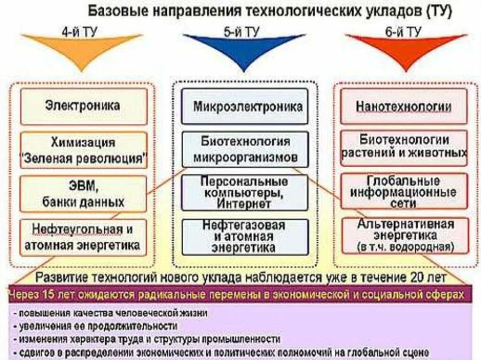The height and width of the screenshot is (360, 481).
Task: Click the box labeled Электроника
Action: coord(84,106)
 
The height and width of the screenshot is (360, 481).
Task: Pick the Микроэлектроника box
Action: coord(245,106)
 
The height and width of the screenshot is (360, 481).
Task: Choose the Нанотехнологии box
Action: coord(404,106)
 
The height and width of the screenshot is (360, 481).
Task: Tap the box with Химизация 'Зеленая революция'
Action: coord(84,150)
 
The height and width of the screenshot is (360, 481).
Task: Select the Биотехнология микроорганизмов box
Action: coord(245,149)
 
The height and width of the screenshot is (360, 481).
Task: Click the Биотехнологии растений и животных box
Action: coord(404,147)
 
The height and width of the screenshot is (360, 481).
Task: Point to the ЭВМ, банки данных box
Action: coord(84,193)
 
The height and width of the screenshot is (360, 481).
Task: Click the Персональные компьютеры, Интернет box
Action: coord(245,192)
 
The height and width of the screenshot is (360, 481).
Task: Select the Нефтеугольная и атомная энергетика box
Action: coord(84,237)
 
